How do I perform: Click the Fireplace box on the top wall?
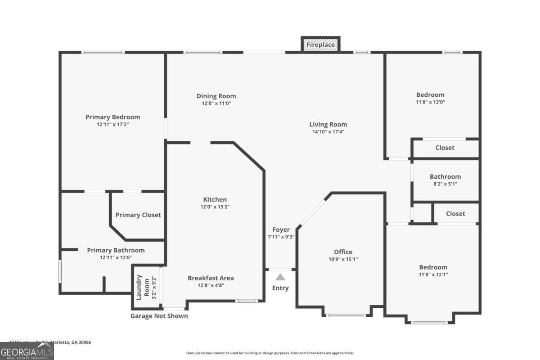320,45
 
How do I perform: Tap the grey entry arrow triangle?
280,277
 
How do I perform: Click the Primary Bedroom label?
112,117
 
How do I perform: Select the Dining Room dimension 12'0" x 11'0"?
216,103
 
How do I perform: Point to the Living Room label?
328,125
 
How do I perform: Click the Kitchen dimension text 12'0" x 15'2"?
215,207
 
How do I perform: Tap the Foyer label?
281,229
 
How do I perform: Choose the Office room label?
343,252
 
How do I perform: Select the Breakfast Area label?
211,278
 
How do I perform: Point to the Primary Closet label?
138,215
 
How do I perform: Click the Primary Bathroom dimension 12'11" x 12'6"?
116,257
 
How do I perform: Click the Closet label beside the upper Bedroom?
445,148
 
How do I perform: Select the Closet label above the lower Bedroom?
455,214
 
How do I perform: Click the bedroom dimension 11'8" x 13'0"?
430,102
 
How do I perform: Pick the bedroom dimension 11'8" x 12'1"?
433,274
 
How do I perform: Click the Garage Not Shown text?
159,316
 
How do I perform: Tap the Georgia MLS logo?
27,351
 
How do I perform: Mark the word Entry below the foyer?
280,288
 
